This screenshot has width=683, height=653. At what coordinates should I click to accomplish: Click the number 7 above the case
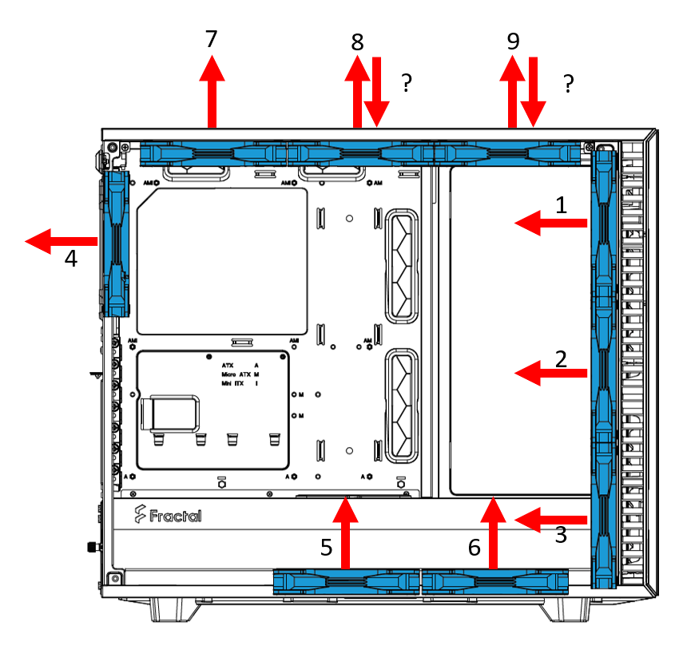211,38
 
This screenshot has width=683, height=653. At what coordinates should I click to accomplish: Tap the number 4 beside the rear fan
71,259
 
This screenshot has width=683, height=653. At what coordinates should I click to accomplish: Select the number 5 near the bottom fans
326,547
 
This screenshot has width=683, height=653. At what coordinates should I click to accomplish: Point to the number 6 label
475,547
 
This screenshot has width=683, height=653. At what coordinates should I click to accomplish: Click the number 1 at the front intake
562,205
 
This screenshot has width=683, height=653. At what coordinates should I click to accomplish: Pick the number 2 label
562,358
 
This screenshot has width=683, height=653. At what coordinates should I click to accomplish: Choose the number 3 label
562,536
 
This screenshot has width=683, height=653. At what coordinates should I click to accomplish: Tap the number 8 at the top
356,42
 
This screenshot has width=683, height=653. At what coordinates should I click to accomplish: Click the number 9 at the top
513,42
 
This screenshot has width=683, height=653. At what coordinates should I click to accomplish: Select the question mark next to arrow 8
407,83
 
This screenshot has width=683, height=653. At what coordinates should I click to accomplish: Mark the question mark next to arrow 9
568,83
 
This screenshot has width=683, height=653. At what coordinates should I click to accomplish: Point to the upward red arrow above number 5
346,531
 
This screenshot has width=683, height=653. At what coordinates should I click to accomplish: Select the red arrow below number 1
551,225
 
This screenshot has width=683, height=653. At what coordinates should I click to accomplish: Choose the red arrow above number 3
551,520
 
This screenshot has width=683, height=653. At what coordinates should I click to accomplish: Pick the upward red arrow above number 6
494,531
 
